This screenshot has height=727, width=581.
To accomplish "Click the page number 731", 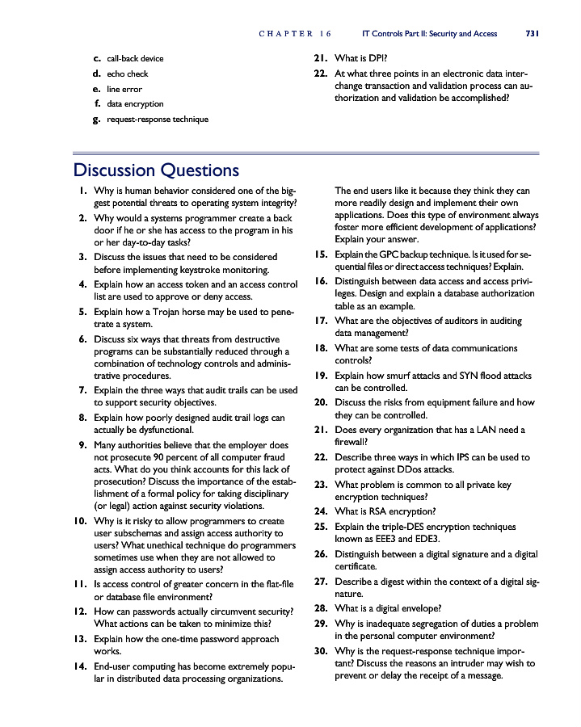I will point(532,34).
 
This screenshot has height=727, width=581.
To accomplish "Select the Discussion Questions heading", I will point(156,170).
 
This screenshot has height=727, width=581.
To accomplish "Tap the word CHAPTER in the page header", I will point(286,34).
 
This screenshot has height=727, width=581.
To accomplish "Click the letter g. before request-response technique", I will point(96,119).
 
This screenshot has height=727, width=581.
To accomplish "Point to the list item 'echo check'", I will point(128,74).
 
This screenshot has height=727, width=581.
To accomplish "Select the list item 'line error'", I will point(124,89).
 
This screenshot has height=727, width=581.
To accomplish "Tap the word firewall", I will point(351,442).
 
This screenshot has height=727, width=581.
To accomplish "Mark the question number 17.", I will point(320,321).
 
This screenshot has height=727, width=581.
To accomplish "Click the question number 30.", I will point(320,650).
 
